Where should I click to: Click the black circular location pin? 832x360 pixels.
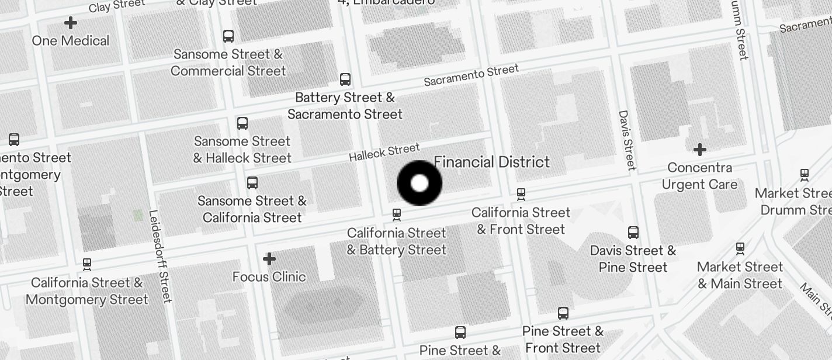tap(420, 184)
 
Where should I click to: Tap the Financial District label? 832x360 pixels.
tap(491, 162)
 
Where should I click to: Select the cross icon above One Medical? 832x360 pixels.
tap(71, 23)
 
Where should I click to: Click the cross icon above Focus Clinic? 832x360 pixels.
tap(269, 258)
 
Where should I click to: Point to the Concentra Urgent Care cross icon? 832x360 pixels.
tap(699, 150)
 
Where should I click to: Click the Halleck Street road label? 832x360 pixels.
tap(384, 153)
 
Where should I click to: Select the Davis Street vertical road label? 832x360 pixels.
tap(626, 140)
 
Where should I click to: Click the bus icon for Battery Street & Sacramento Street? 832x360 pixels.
tap(345, 79)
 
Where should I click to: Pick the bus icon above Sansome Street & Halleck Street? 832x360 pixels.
tap(242, 123)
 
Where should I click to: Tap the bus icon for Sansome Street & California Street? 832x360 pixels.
tap(252, 183)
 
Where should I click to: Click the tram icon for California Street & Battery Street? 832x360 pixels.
tap(397, 215)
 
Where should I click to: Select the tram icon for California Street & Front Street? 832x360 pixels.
tap(521, 194)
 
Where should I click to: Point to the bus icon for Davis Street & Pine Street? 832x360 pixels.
tap(633, 233)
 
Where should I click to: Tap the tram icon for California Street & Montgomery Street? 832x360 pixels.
tap(87, 265)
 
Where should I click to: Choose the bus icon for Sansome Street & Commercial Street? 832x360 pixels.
tap(228, 36)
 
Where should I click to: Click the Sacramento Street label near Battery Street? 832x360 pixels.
tap(471, 75)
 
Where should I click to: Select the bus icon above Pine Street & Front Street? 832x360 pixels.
tap(563, 313)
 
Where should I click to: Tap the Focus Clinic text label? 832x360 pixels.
tap(269, 276)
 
